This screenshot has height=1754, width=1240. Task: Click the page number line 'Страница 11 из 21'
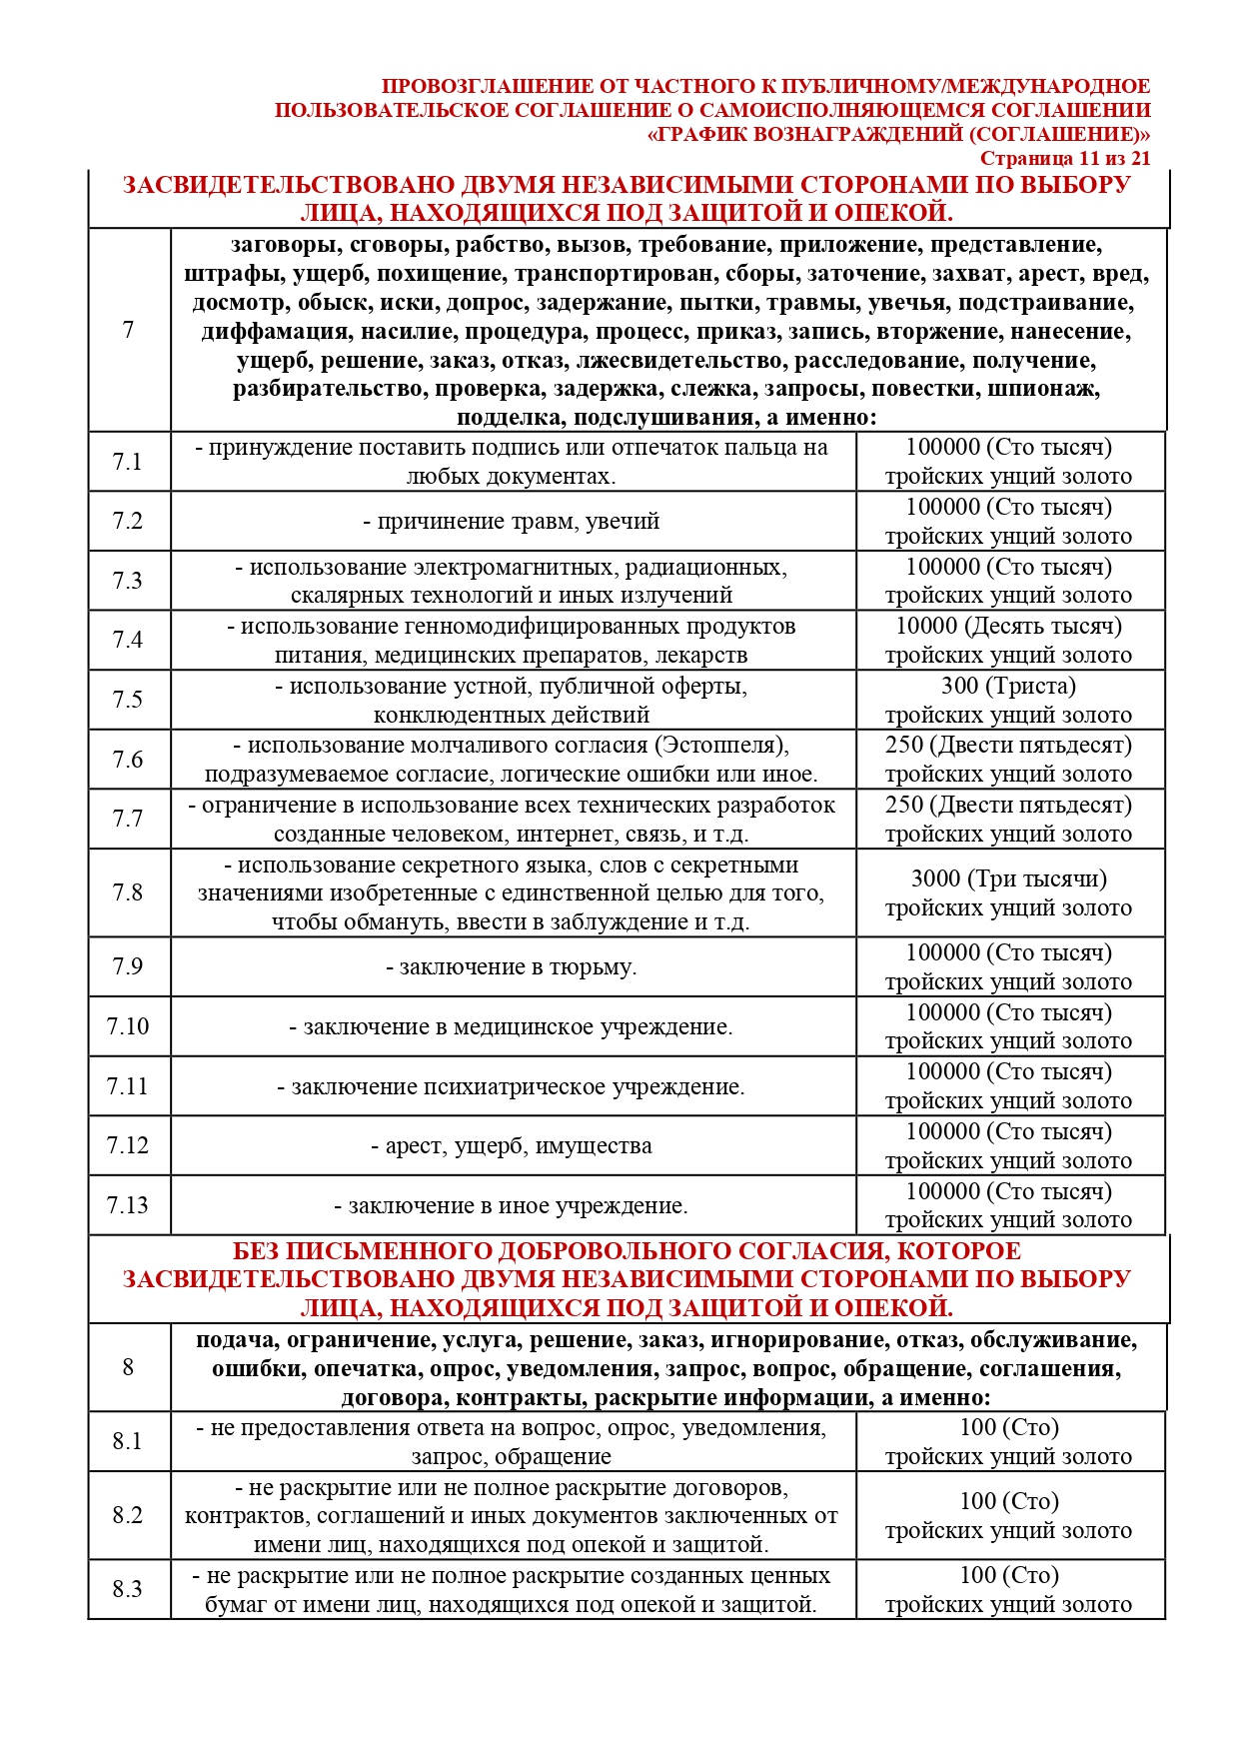pyautogui.click(x=1064, y=158)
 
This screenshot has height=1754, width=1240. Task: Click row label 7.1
pyautogui.click(x=128, y=462)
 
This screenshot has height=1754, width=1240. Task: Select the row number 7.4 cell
pyautogui.click(x=128, y=640)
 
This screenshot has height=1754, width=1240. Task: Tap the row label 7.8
pyautogui.click(x=128, y=892)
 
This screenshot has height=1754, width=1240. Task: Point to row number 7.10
pyautogui.click(x=128, y=1026)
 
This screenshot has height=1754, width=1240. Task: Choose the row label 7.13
pyautogui.click(x=128, y=1205)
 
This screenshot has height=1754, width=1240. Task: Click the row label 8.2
pyautogui.click(x=128, y=1515)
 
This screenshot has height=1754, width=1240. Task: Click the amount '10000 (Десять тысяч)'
pyautogui.click(x=1008, y=627)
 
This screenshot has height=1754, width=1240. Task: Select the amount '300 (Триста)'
pyautogui.click(x=1008, y=687)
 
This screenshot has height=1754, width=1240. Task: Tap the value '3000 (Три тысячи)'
pyautogui.click(x=1008, y=879)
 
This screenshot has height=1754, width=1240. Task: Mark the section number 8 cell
pyautogui.click(x=128, y=1367)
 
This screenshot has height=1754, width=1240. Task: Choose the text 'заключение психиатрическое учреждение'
pyautogui.click(x=511, y=1087)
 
